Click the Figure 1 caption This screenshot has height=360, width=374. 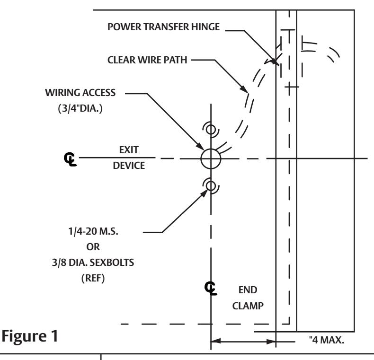click(x=30, y=336)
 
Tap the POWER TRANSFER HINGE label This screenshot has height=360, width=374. click(x=164, y=27)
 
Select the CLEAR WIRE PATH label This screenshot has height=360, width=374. click(x=147, y=60)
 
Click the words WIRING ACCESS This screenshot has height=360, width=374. click(x=80, y=93)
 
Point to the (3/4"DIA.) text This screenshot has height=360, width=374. click(x=80, y=108)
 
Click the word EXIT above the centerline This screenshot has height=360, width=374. click(x=129, y=150)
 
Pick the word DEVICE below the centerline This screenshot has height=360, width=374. click(x=129, y=166)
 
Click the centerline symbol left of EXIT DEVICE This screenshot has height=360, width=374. click(x=70, y=159)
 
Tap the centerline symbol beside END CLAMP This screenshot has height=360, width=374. click(x=211, y=288)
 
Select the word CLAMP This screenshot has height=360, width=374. click(x=248, y=306)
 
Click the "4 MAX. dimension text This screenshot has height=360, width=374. click(x=327, y=340)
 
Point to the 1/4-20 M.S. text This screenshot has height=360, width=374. click(x=93, y=231)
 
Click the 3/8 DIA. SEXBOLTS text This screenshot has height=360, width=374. click(x=93, y=263)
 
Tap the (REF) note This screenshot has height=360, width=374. click(x=93, y=278)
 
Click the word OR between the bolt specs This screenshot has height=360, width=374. click(x=93, y=247)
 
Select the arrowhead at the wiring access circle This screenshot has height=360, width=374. click(x=200, y=146)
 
